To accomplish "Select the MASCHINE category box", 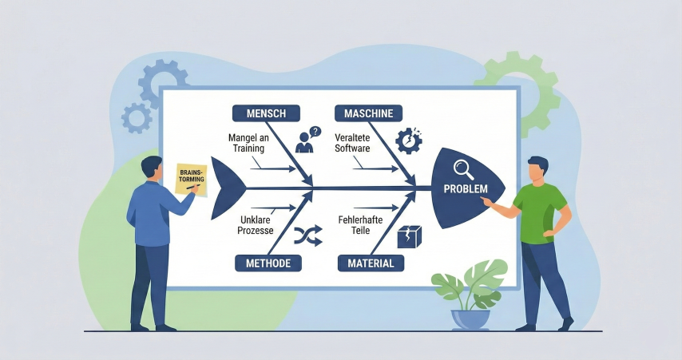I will (368, 113).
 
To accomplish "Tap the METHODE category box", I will (268, 263).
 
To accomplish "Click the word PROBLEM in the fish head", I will (463, 190).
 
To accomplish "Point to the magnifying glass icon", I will (463, 169).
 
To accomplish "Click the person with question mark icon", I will (307, 140).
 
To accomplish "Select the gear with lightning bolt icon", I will (408, 140).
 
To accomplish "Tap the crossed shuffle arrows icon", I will (307, 234).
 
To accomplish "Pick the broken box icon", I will (409, 235).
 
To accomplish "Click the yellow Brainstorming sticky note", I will (191, 179).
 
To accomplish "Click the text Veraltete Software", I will (351, 142).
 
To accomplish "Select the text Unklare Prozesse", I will (256, 224).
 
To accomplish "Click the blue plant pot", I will (470, 318).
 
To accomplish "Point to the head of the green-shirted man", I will (538, 171).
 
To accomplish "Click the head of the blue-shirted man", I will (152, 169).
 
